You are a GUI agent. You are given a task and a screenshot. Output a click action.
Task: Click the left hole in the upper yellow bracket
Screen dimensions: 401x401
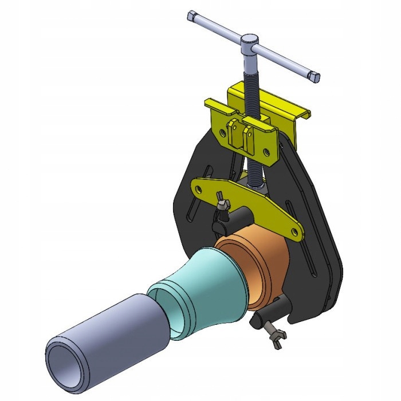click(222, 131)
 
